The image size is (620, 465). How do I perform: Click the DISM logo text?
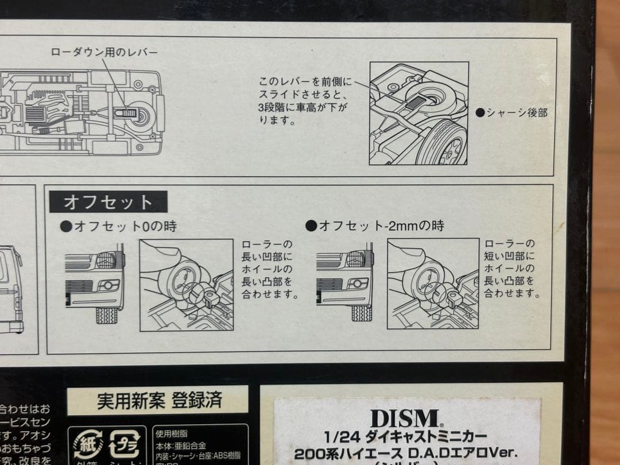click(404, 417)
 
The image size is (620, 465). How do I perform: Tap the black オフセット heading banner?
click(108, 201)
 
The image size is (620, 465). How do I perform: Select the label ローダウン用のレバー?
click(104, 52)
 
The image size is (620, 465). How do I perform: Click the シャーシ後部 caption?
click(511, 113)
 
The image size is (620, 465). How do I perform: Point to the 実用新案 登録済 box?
click(158, 400)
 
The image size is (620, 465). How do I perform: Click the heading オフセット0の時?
click(118, 226)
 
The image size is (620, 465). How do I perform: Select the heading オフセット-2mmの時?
click(375, 226)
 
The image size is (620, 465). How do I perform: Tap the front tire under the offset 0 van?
click(107, 315)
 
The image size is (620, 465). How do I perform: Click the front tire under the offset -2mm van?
click(361, 313)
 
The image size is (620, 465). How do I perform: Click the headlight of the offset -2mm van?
click(360, 259)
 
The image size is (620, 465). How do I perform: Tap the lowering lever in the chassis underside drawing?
click(126, 113)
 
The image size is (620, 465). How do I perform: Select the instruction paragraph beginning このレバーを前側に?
click(305, 100)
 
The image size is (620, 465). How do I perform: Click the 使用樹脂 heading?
click(172, 433)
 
